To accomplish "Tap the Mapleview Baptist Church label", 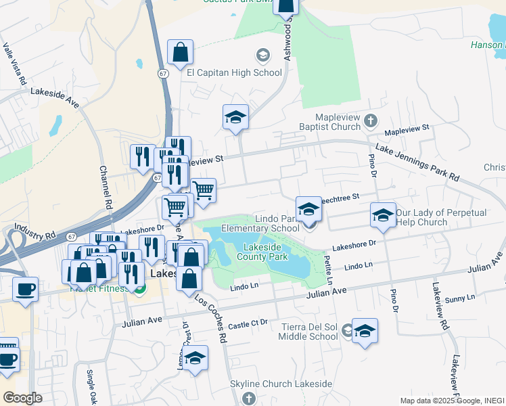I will coord(331,121).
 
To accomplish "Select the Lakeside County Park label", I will coord(265,252).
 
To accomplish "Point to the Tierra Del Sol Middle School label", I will coord(309,332).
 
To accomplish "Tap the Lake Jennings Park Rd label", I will coord(417,163).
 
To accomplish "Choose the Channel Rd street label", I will coord(105,187).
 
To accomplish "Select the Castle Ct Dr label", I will coord(248,325).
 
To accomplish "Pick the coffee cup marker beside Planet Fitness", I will coord(26,290).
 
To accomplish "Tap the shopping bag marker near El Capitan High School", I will coord(181,52).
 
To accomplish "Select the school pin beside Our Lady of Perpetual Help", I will coord(383,215).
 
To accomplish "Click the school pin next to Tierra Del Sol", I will coord(365,330).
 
